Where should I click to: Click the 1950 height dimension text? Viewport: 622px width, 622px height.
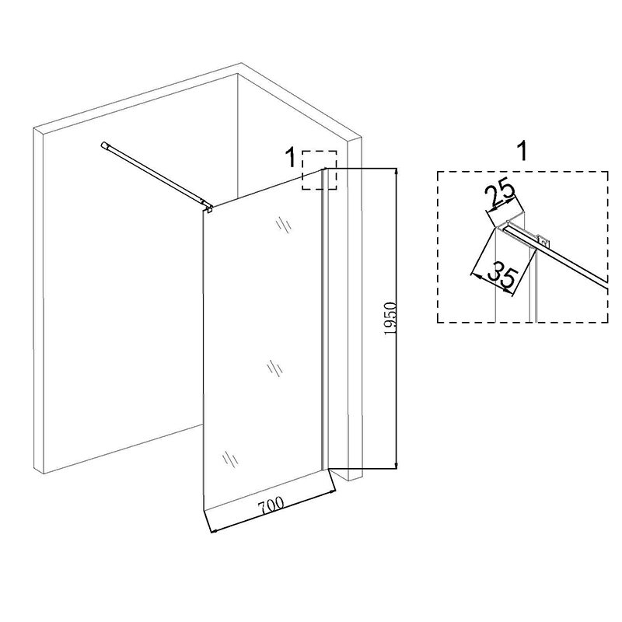pyautogui.click(x=390, y=318)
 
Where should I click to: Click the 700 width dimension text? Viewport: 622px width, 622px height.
pyautogui.click(x=271, y=505)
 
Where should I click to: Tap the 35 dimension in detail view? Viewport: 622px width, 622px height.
pyautogui.click(x=503, y=275)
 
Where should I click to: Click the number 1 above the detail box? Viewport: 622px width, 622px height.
pyautogui.click(x=523, y=151)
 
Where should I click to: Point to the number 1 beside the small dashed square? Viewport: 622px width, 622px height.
pyautogui.click(x=291, y=157)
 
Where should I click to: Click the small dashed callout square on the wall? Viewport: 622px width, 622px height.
pyautogui.click(x=320, y=169)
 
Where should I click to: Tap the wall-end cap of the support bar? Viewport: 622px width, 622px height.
pyautogui.click(x=105, y=145)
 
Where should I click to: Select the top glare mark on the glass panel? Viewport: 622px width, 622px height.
pyautogui.click(x=283, y=225)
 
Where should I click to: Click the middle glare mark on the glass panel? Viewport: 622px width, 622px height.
pyautogui.click(x=274, y=369)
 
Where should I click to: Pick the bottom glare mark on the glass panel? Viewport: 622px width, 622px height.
pyautogui.click(x=229, y=459)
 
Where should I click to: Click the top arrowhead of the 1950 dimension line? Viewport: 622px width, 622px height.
pyautogui.click(x=396, y=171)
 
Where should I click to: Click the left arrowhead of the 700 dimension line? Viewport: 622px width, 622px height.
pyautogui.click(x=213, y=530)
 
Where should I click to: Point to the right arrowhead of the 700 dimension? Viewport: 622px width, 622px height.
pyautogui.click(x=331, y=492)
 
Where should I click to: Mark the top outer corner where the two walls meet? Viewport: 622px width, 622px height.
pyautogui.click(x=241, y=63)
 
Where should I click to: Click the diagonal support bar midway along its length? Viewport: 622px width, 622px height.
pyautogui.click(x=155, y=174)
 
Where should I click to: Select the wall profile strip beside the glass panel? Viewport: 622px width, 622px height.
pyautogui.click(x=325, y=320)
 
